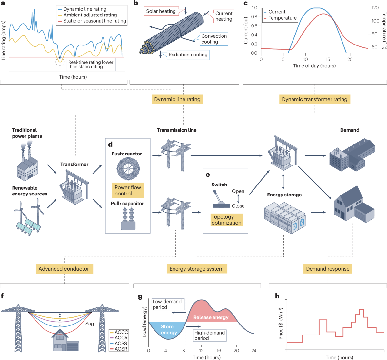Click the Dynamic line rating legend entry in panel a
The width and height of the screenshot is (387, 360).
coord(84,9)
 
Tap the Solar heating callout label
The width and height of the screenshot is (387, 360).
coord(161,11)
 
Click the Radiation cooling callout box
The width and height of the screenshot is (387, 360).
coord(188,55)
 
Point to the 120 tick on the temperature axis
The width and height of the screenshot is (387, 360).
coord(375,8)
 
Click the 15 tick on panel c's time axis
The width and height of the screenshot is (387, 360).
coord(328,59)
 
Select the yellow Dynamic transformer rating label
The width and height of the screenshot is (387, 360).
coord(314,99)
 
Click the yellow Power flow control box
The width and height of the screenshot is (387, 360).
coord(128,191)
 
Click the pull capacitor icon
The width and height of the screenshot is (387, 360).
coord(128,218)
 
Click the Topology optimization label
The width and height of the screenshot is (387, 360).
coord(226,220)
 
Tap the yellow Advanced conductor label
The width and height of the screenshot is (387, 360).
coord(64,269)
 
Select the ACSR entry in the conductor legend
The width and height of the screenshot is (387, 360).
coord(121,349)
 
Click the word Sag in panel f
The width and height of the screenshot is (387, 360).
coord(90,324)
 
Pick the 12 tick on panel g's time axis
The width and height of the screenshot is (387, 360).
coord(201,351)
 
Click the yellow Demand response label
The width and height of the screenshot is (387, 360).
coord(328,269)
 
